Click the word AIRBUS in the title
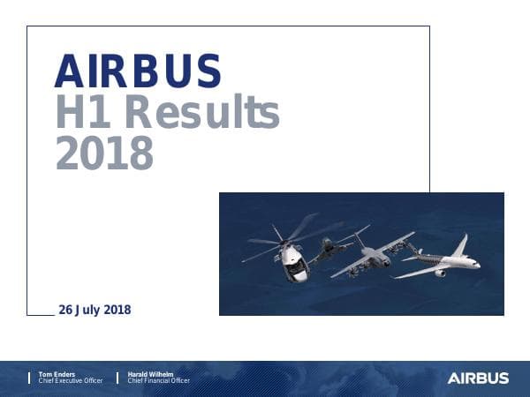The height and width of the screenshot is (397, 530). (137, 71)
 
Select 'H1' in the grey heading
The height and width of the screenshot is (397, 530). (83, 112)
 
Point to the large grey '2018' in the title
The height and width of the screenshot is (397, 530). (103, 154)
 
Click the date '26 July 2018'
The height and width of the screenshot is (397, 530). (94, 310)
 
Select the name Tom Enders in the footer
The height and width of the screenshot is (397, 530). (56, 374)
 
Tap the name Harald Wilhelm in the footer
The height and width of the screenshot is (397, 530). (151, 374)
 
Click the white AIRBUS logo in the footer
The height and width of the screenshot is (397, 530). (478, 378)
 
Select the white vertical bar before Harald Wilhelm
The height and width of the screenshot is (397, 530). (118, 378)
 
